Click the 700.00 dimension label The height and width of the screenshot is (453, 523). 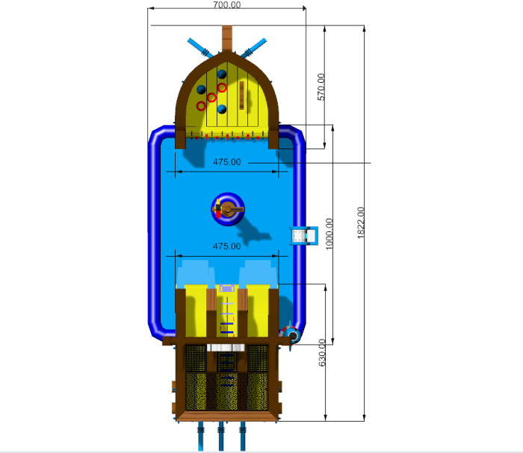coord(227,4)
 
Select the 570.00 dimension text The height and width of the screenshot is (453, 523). coord(321,87)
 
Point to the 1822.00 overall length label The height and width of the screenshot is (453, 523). coord(361,223)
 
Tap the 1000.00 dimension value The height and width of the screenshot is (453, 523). coord(329,234)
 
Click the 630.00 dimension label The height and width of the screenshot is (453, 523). coord(322,352)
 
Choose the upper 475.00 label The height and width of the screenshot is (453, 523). coord(227,162)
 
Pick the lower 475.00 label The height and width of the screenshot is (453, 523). coord(227,246)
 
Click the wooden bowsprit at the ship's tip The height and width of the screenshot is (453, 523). coord(227,38)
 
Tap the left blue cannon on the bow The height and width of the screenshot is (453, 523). coord(200,48)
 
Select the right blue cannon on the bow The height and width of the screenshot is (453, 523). coord(254,48)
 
